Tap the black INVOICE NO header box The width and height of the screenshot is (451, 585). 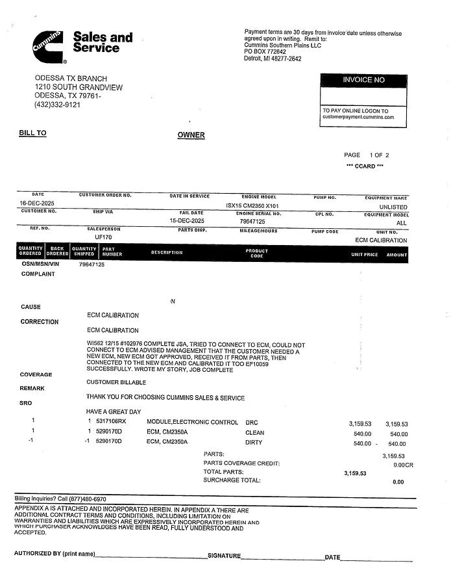[363, 80]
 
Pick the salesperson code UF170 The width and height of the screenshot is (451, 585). [104, 237]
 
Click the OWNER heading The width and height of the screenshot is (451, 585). [191, 135]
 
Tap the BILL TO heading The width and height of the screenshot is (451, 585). [32, 133]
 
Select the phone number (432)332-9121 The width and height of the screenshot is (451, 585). [57, 105]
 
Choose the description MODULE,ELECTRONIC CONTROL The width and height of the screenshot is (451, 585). [193, 422]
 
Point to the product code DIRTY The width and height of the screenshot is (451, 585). [254, 443]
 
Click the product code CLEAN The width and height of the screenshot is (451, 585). [254, 432]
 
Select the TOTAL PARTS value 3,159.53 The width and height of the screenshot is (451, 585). [355, 473]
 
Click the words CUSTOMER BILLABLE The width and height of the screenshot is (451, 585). [116, 382]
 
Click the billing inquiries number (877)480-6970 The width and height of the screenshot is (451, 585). [84, 499]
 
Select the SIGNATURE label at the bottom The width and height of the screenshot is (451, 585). [224, 556]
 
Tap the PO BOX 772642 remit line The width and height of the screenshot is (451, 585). [265, 51]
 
